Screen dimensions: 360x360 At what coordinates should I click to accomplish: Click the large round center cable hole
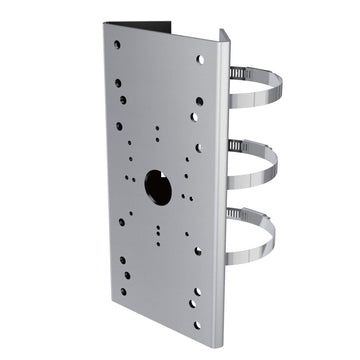(158, 186)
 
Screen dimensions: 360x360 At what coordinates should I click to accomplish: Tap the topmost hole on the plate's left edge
(117, 45)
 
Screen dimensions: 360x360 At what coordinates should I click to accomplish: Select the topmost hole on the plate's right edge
(200, 59)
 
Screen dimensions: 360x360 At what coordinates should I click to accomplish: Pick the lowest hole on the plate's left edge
(123, 292)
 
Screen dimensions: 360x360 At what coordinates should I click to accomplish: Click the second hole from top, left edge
(118, 83)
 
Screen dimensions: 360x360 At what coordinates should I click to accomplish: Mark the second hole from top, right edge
(200, 101)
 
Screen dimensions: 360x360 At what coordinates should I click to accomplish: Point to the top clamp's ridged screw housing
(236, 72)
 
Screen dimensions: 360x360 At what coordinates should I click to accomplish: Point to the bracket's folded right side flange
(222, 180)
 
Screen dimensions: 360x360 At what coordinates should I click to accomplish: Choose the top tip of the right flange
(225, 32)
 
